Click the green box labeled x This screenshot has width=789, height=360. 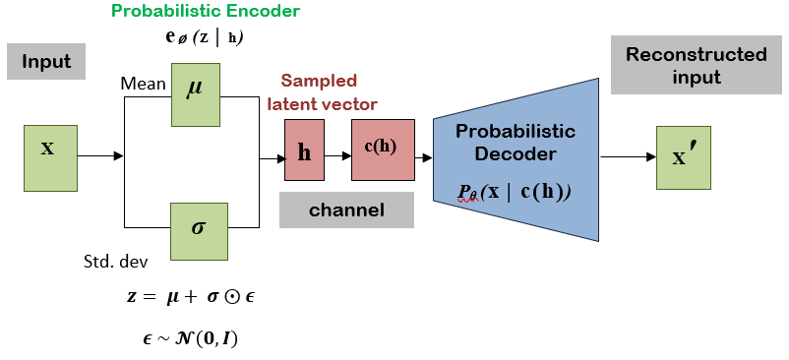pyautogui.click(x=50, y=158)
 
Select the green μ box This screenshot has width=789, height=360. pyautogui.click(x=195, y=94)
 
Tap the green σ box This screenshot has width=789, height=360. pyautogui.click(x=199, y=231)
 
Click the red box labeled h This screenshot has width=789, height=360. pyautogui.click(x=304, y=150)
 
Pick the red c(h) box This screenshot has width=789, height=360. pyautogui.click(x=383, y=150)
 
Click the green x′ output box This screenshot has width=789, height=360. pyautogui.click(x=684, y=158)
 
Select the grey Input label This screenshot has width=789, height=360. pyautogui.click(x=46, y=61)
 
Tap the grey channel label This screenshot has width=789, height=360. pyautogui.click(x=346, y=210)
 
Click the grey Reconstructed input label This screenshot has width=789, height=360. pyautogui.click(x=697, y=65)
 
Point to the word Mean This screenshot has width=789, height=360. pyautogui.click(x=143, y=84)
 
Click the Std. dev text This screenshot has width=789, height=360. pyautogui.click(x=115, y=262)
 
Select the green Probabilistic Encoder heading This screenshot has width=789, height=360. pyautogui.click(x=206, y=11)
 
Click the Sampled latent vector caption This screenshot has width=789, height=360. pyautogui.click(x=322, y=91)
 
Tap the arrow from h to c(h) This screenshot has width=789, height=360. pyautogui.click(x=338, y=156)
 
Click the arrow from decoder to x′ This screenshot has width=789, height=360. pyautogui.click(x=629, y=156)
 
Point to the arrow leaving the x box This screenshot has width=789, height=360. pyautogui.click(x=100, y=156)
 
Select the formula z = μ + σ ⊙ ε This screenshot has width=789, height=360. pyautogui.click(x=191, y=297)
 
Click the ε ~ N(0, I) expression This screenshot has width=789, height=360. pyautogui.click(x=190, y=339)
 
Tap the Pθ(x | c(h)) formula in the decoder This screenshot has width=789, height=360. pyautogui.click(x=515, y=193)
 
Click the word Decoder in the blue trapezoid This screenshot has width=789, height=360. pyautogui.click(x=516, y=153)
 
